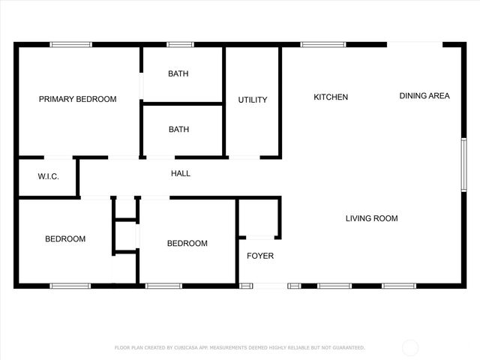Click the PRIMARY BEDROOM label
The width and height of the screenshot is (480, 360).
(x=77, y=99)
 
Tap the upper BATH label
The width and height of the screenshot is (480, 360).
(x=178, y=73)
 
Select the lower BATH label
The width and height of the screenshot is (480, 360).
(x=178, y=129)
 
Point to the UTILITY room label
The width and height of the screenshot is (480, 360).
(x=253, y=100)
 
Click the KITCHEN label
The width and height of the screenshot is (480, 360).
(x=331, y=97)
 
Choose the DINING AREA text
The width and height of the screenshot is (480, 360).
(x=424, y=95)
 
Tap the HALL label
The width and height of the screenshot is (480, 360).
(x=181, y=173)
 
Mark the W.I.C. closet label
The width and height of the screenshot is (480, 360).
(x=37, y=177)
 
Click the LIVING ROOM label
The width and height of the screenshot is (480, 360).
(x=371, y=218)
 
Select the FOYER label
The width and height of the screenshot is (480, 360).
(x=260, y=256)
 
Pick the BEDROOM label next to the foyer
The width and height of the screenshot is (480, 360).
(x=187, y=243)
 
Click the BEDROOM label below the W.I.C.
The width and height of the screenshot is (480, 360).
(x=65, y=239)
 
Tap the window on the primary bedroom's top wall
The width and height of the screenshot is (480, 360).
(x=71, y=45)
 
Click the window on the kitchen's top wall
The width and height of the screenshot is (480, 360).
(x=323, y=45)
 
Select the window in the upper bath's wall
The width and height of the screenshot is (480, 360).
(x=180, y=45)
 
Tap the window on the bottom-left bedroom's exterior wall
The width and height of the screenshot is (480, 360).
(x=70, y=286)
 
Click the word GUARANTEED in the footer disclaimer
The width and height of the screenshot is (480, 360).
(x=346, y=348)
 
